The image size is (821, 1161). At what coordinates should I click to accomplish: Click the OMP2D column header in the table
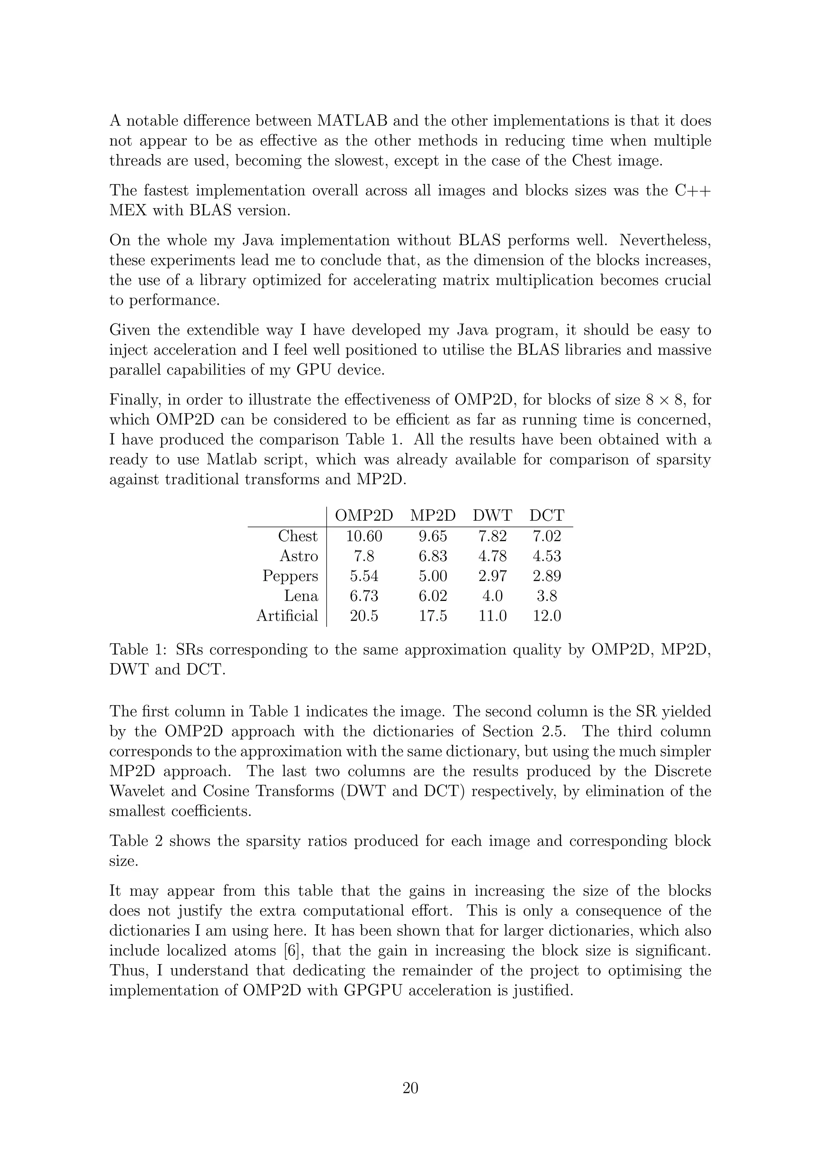[364, 516]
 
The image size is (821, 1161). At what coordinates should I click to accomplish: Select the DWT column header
[492, 516]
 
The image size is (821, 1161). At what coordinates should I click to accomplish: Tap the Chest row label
[298, 536]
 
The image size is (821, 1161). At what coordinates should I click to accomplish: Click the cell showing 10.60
[364, 536]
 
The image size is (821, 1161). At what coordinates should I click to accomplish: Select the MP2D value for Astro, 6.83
[433, 556]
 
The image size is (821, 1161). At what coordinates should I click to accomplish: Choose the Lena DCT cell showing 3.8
[547, 596]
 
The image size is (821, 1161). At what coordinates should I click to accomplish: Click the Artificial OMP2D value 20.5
[364, 616]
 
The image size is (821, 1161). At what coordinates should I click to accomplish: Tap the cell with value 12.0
[547, 616]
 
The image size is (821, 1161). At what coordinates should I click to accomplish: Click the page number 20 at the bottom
[410, 1088]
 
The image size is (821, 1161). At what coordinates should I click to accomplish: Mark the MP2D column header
[433, 516]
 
